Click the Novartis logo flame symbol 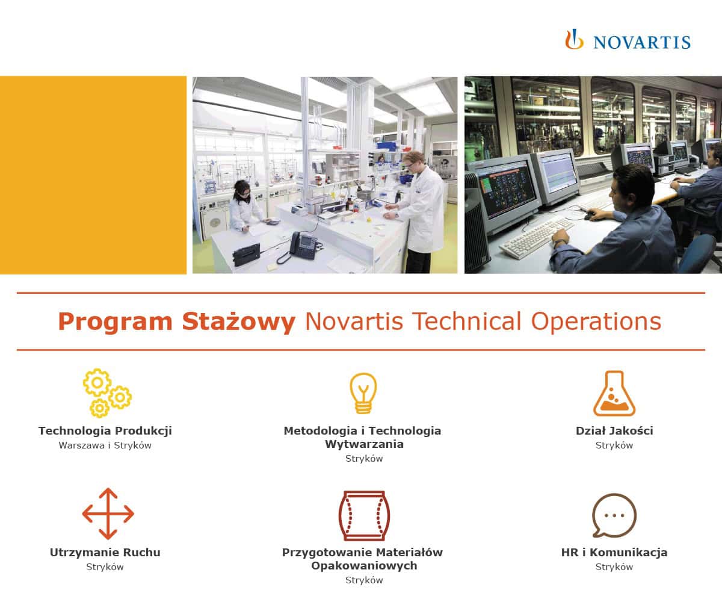(574, 40)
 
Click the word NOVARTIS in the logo (641, 42)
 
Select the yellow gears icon (106, 393)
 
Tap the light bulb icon (363, 393)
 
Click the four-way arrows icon (108, 514)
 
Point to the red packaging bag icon (363, 515)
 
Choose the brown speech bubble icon (614, 515)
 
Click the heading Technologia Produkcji (105, 431)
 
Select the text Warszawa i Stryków (105, 446)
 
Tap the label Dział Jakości (614, 431)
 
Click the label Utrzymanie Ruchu (105, 553)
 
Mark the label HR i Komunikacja (614, 553)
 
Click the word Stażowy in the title (238, 322)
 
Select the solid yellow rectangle (93, 175)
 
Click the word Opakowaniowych (363, 566)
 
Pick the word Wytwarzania (363, 444)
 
